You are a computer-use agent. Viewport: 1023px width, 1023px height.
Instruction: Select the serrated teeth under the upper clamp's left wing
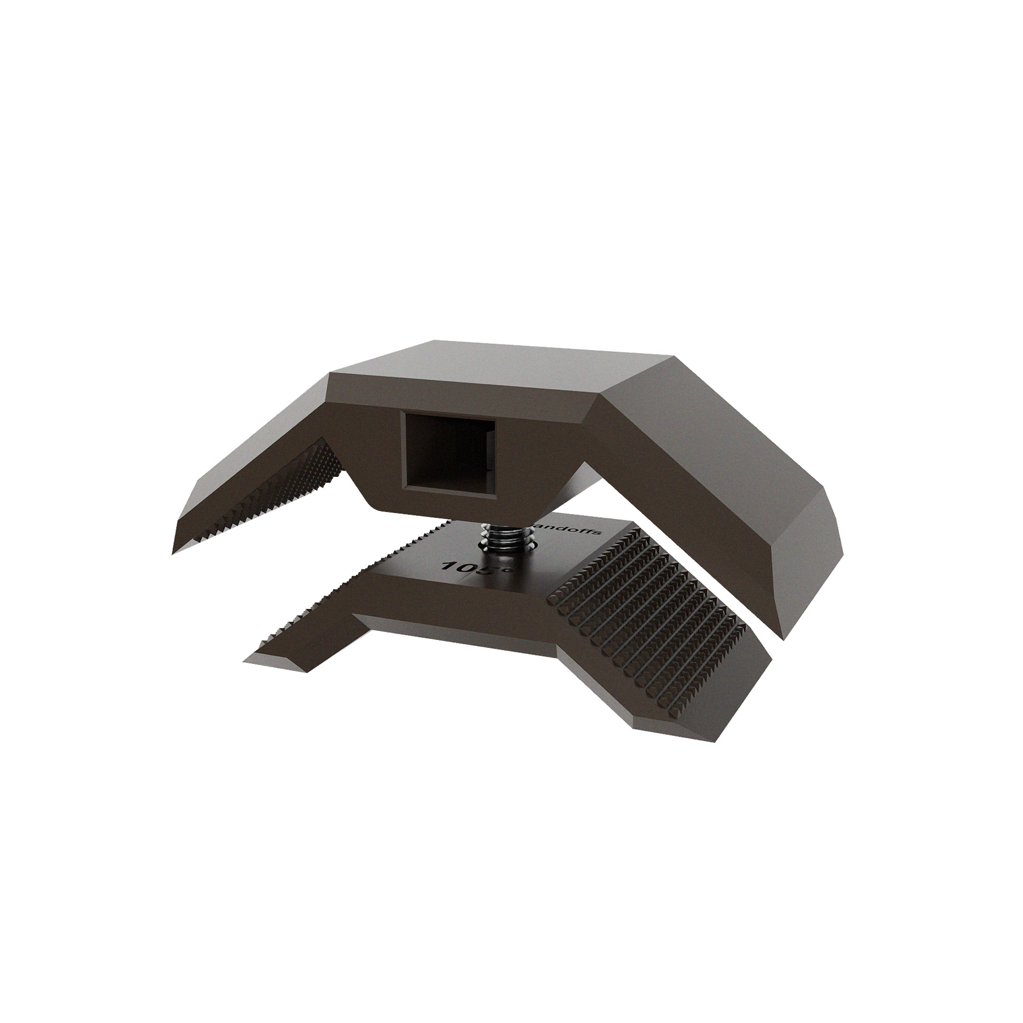coord(267,500)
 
